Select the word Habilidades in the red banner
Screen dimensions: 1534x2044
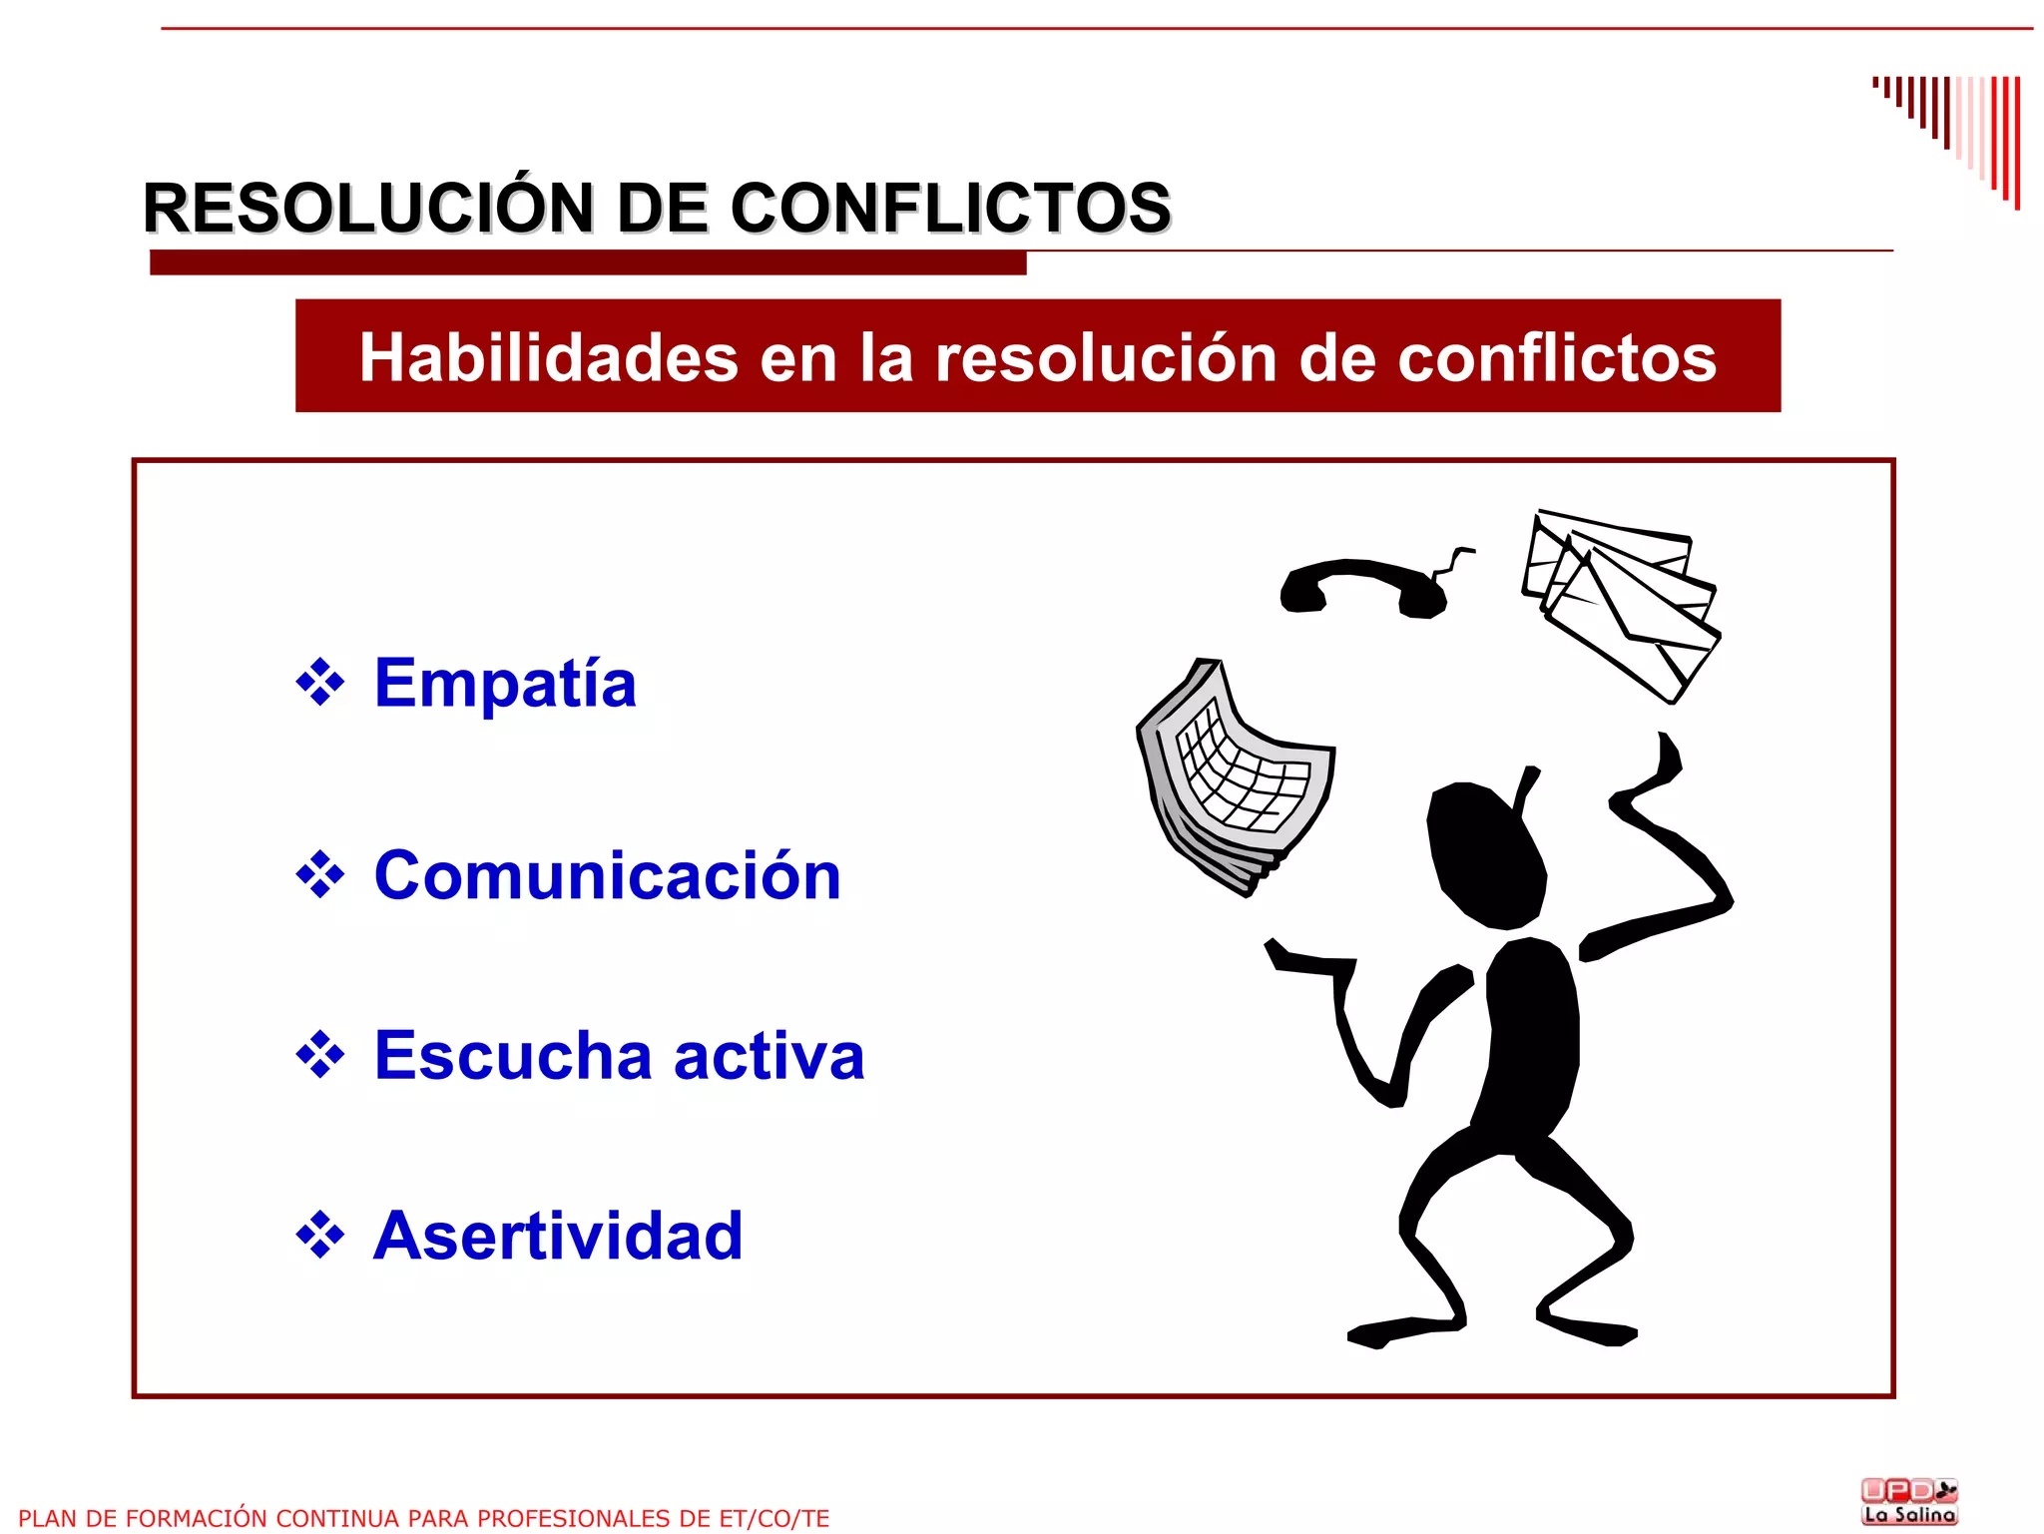click(548, 357)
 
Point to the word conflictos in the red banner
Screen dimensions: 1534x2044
click(1556, 357)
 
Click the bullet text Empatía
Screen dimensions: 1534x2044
click(505, 684)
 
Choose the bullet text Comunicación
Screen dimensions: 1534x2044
click(607, 875)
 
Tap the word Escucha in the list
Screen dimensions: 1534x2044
click(513, 1055)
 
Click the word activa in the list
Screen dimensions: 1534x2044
click(768, 1055)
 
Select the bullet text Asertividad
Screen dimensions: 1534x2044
click(558, 1236)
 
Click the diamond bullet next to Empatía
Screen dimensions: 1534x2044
click(320, 684)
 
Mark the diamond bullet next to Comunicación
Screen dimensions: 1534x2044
click(320, 875)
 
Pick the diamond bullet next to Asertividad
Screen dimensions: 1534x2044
click(320, 1236)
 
